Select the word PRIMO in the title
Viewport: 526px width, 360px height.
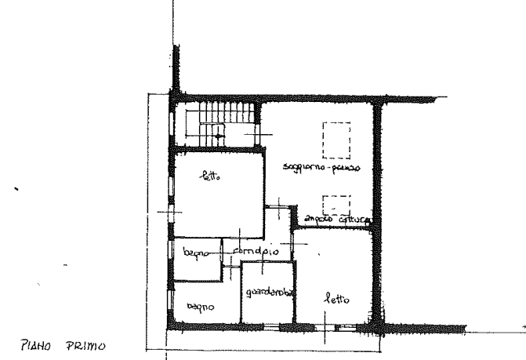coord(87,345)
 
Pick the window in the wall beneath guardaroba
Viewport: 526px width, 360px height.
coord(267,323)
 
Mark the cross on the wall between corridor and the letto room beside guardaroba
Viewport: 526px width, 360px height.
coord(303,245)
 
